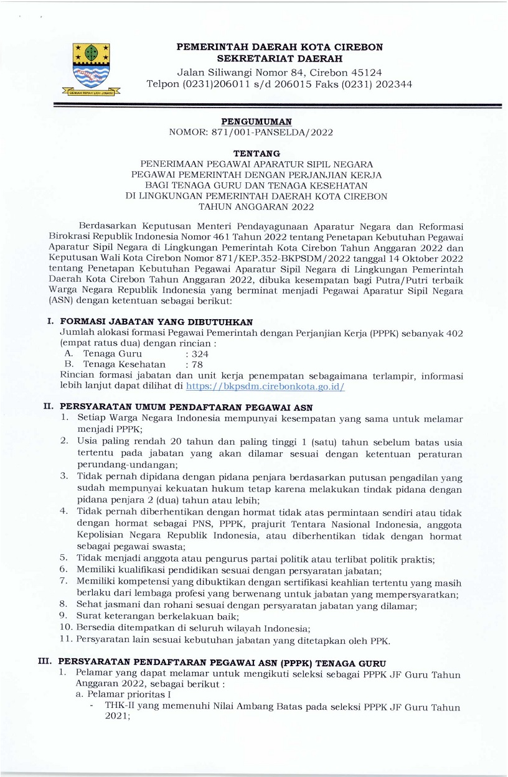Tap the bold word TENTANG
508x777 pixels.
tap(256, 153)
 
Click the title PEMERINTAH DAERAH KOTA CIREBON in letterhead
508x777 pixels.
tap(280, 47)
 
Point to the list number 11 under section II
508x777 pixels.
tap(66, 639)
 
